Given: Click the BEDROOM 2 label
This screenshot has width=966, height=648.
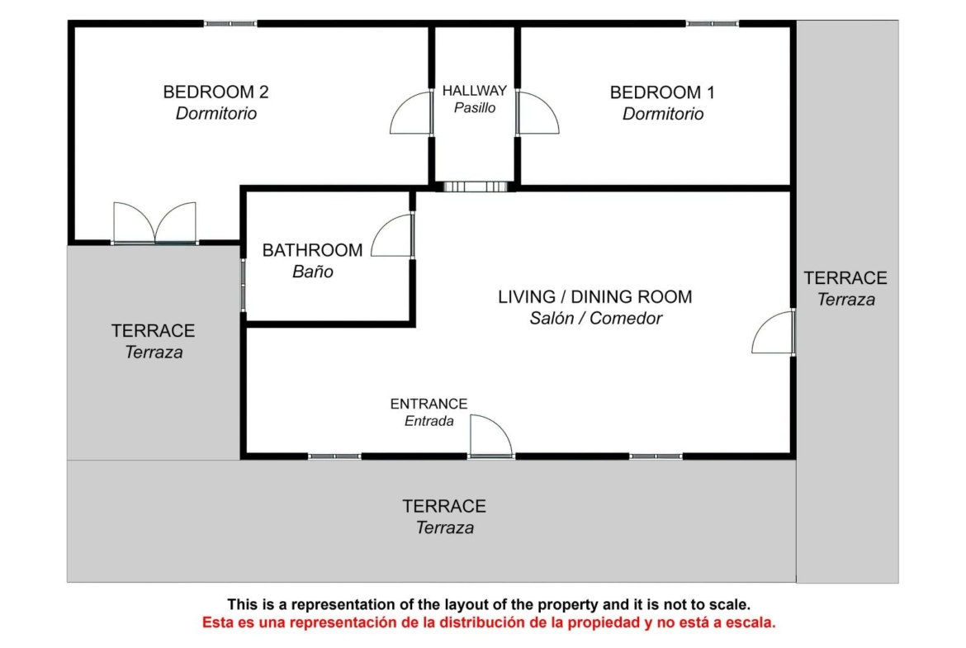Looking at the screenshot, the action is [x=215, y=92].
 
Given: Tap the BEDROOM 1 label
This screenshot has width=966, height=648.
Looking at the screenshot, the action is [x=662, y=92].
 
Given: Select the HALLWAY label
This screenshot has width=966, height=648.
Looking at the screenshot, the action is [x=475, y=91].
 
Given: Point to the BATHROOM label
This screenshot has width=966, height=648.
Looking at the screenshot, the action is [x=312, y=250].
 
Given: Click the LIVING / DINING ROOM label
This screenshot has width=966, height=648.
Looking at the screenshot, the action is [x=595, y=297].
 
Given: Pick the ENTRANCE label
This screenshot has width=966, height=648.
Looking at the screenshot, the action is [x=429, y=404].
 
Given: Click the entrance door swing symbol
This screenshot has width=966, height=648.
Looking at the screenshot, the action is [x=490, y=436].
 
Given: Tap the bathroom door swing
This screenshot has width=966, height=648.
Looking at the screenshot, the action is [x=392, y=235].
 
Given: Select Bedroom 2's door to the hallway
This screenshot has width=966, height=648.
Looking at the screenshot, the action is [x=411, y=113].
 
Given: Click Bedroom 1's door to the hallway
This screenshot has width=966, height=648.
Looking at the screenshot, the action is [x=537, y=113].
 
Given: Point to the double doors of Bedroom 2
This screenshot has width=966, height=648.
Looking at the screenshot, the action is [x=154, y=222].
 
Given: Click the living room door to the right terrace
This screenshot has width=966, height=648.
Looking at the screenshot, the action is [x=774, y=333].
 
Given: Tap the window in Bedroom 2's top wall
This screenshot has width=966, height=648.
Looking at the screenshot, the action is [x=230, y=23].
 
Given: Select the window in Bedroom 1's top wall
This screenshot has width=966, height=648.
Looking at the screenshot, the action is [x=713, y=23].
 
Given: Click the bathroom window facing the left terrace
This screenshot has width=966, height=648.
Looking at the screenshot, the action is [x=244, y=285].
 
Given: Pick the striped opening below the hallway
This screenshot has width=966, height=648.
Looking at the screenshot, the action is [x=475, y=187].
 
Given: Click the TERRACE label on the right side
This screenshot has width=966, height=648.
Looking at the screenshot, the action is [x=845, y=278].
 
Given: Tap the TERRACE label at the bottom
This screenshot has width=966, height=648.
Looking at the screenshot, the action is [x=444, y=506].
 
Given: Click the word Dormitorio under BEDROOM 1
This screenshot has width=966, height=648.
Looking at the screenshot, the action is [x=663, y=114].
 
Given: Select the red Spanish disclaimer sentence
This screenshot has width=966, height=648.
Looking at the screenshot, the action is [x=489, y=622].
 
